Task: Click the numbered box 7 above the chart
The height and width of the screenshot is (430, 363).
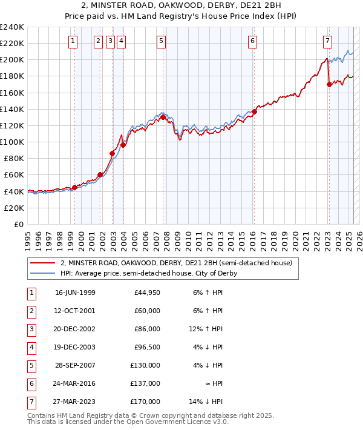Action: pos(327,41)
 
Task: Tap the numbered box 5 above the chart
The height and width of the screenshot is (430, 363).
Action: pos(162,41)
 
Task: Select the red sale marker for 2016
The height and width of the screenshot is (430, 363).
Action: pos(255,111)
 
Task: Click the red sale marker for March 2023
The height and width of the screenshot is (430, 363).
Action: pos(329,84)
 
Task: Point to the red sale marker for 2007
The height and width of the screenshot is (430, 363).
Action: pos(163,117)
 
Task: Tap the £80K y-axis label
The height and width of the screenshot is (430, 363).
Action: pos(13,159)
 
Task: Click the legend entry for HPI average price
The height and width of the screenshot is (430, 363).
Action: pos(149,273)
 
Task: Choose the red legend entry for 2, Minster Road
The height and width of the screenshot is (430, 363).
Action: pos(176,263)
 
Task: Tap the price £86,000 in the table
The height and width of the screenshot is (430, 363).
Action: pos(147,329)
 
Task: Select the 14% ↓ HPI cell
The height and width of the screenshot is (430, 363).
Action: pos(210,401)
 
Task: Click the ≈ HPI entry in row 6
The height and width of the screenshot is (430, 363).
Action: pos(212,383)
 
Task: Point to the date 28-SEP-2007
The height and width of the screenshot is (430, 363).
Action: pos(75,365)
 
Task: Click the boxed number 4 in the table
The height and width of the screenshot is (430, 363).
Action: pos(31,348)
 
